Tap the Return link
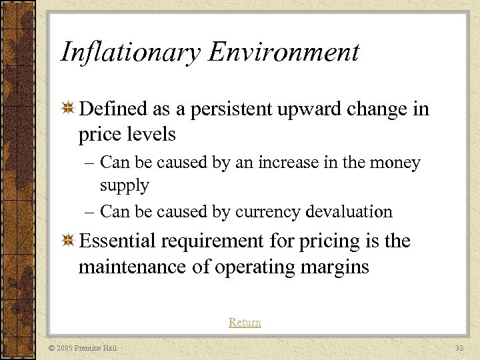tap(245, 323)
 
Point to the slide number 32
tap(459, 348)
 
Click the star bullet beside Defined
tap(67, 109)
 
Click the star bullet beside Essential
tap(67, 241)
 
